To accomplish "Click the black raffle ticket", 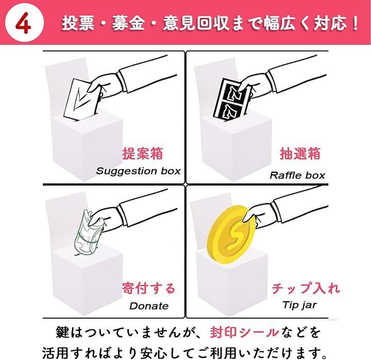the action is [x=232, y=100].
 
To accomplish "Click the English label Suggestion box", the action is [x=138, y=171].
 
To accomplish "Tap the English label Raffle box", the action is [x=297, y=175].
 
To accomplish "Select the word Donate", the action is [x=149, y=306].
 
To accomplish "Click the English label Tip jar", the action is [x=299, y=305].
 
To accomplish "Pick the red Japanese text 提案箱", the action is [x=142, y=154].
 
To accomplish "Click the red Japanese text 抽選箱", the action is [x=300, y=154].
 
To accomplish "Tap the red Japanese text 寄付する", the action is [x=148, y=288].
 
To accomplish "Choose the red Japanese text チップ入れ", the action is [x=306, y=288].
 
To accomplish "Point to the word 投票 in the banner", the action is [x=78, y=23].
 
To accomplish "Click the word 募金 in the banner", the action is [x=128, y=23].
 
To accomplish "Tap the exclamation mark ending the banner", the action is [x=355, y=23].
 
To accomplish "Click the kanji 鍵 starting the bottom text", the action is [x=63, y=332].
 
